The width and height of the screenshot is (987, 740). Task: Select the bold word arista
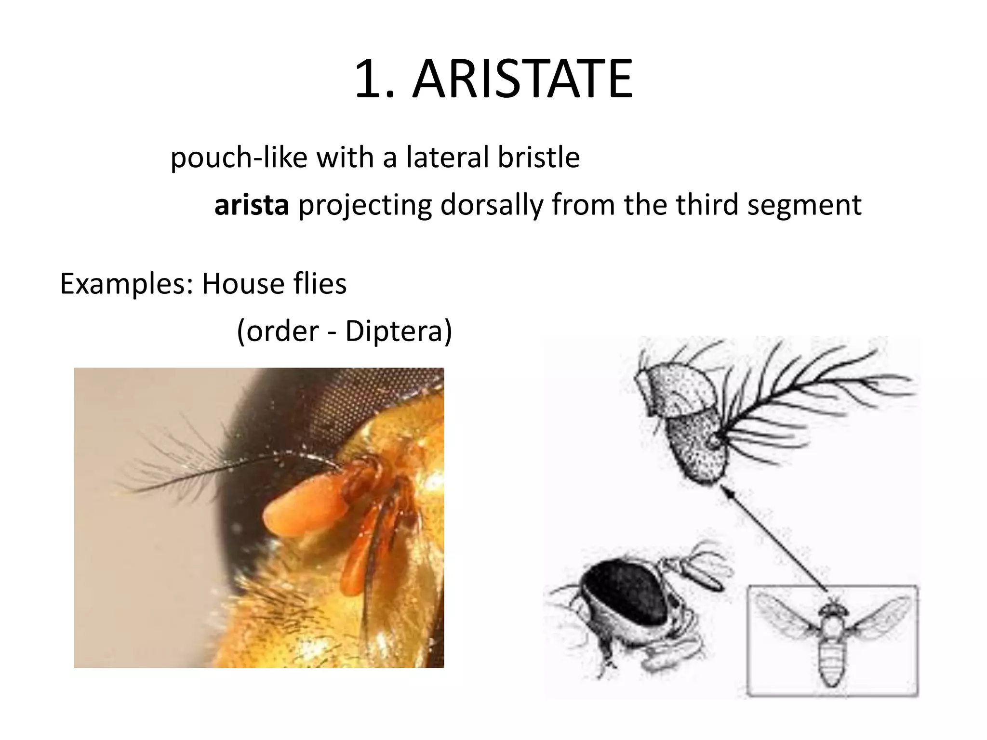click(252, 205)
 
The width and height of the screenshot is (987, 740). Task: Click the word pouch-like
click(239, 158)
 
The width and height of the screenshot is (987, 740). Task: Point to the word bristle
click(538, 157)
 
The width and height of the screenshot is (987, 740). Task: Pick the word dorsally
click(491, 205)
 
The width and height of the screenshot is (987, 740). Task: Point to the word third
click(707, 204)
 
